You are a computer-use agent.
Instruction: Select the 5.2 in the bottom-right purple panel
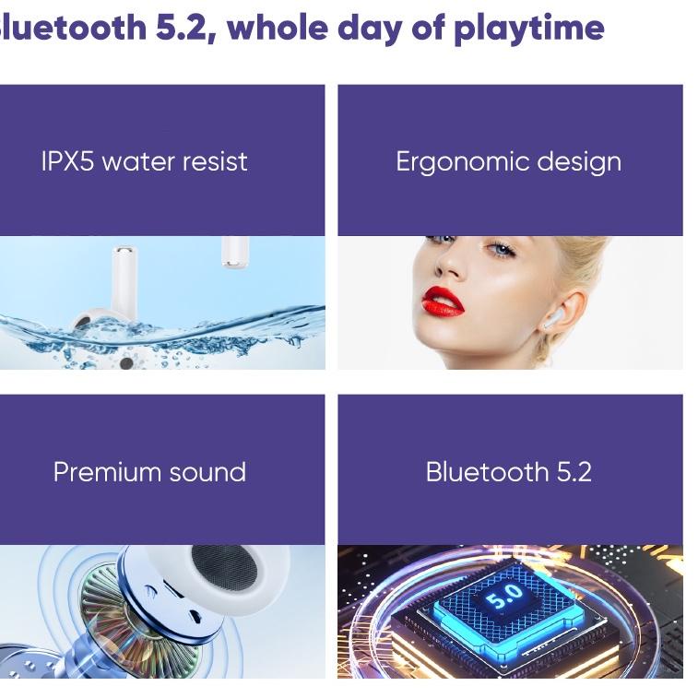(574, 472)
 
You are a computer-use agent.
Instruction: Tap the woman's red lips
(443, 301)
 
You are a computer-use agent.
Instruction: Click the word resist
(215, 162)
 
